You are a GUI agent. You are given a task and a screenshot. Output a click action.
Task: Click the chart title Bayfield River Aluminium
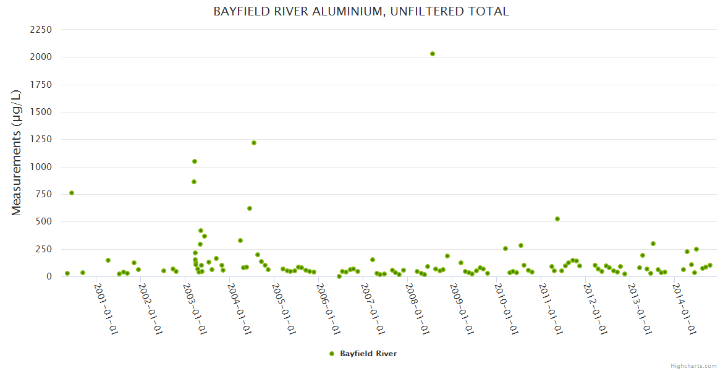(361, 11)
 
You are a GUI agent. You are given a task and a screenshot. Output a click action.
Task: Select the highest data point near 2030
(433, 54)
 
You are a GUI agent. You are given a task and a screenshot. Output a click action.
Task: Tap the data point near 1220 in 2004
(254, 143)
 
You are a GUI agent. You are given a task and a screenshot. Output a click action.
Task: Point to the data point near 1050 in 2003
(195, 161)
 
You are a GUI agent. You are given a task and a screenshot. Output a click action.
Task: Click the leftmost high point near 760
(72, 193)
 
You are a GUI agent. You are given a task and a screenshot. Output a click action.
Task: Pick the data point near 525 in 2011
(557, 219)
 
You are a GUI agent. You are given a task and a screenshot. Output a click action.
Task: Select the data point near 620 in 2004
(250, 208)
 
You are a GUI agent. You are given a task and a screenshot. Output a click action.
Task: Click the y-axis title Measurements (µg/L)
(17, 153)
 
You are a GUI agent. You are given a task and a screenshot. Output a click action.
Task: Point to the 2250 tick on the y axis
(41, 30)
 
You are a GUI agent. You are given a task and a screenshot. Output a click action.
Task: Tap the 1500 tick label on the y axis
(41, 112)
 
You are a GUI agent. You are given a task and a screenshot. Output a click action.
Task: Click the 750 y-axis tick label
(43, 194)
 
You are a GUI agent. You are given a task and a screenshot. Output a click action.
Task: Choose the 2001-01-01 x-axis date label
(106, 309)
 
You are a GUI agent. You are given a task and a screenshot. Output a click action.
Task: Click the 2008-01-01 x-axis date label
(417, 309)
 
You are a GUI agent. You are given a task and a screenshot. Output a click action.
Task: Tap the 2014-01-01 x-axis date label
(685, 309)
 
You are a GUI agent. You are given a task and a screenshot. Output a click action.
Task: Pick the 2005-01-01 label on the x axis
(284, 309)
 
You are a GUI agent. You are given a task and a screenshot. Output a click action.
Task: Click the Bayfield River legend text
(368, 354)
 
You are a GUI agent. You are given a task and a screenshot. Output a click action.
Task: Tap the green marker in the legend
(332, 354)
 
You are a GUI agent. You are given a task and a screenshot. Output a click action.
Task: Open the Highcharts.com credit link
(693, 365)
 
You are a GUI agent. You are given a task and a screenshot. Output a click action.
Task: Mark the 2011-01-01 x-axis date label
(551, 309)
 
